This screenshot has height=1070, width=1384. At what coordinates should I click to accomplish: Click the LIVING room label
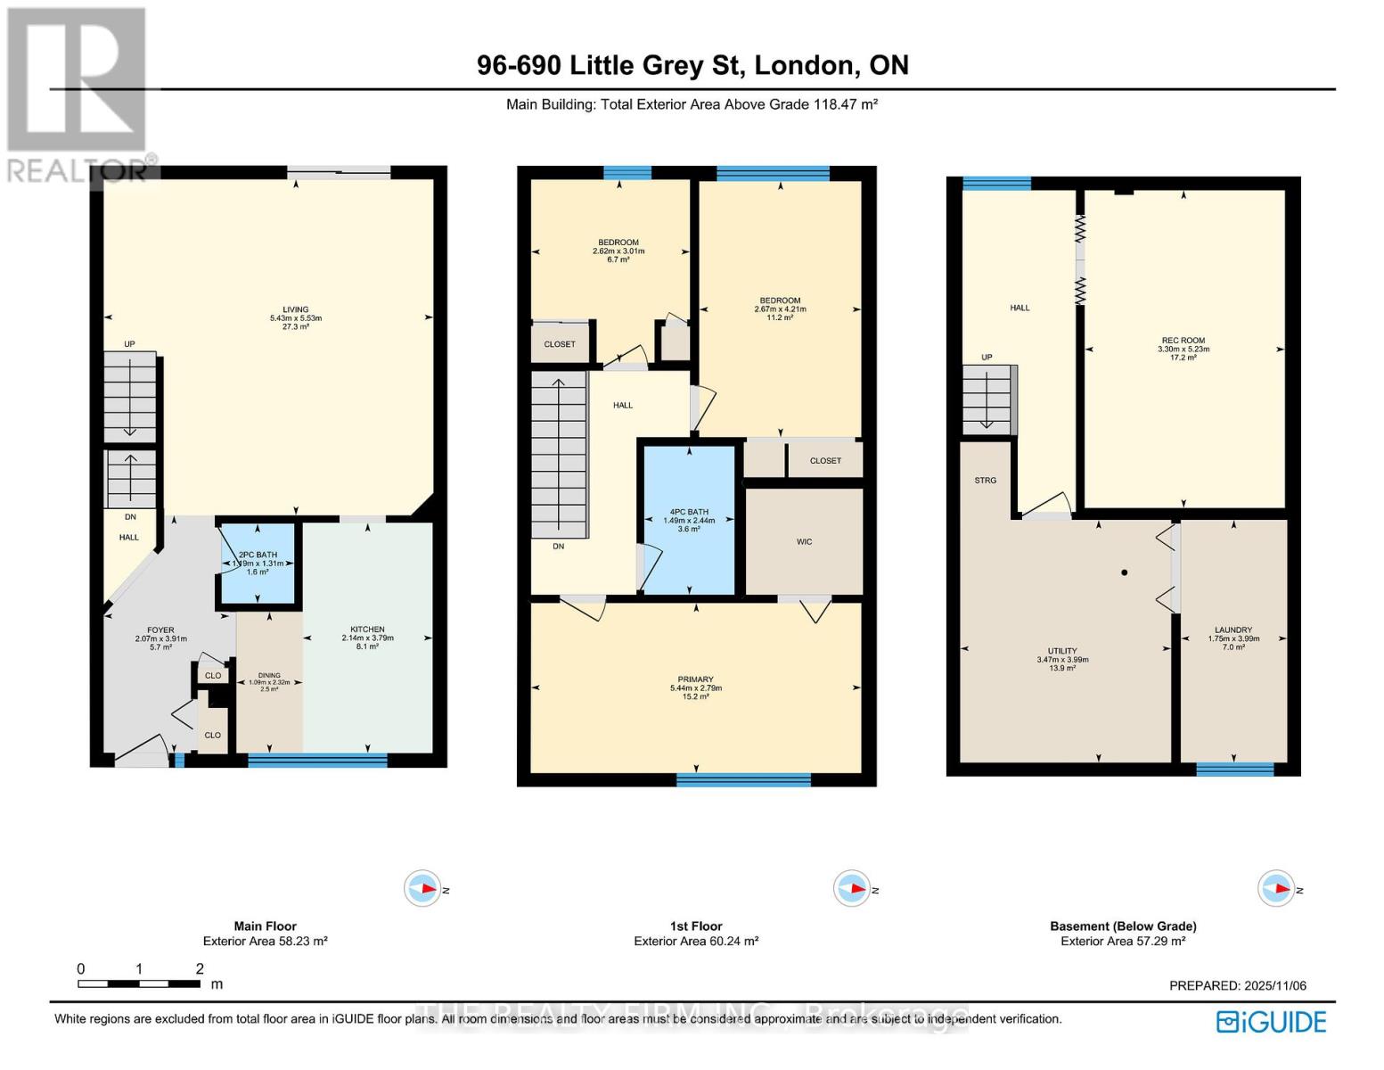tap(296, 310)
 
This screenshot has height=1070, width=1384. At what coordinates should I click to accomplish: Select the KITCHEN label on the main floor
tap(367, 630)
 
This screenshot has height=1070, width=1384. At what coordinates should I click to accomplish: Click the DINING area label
tap(269, 676)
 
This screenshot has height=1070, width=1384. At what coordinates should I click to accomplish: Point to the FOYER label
tap(160, 630)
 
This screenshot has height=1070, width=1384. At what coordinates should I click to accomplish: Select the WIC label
tap(804, 542)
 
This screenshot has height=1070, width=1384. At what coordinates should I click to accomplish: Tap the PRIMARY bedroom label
tap(695, 680)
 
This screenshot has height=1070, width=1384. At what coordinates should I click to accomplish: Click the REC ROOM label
tap(1183, 341)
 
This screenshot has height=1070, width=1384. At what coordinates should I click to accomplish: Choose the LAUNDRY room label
tap(1233, 630)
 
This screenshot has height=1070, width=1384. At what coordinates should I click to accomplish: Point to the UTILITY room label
tap(1062, 652)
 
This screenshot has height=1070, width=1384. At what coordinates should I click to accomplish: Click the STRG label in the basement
tap(985, 481)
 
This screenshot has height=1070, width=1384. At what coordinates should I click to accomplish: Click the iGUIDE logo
tap(1272, 1022)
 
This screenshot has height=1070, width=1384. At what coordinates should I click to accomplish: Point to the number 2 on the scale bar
tap(200, 969)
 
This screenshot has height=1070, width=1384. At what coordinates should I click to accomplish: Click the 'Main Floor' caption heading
tap(265, 926)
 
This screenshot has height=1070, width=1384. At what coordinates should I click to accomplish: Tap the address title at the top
tap(692, 65)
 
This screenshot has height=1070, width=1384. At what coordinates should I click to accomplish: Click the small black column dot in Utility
tap(1125, 572)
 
